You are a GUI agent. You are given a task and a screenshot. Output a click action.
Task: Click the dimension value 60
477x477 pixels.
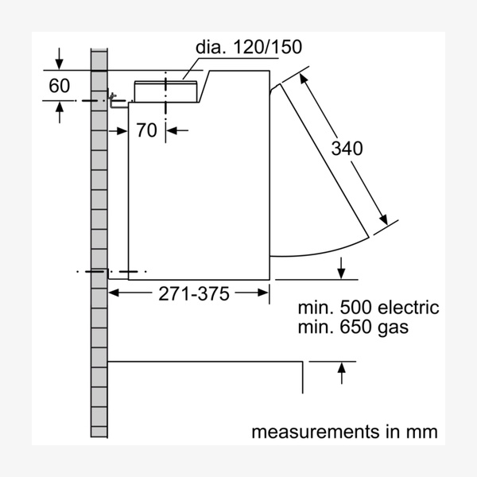click(60, 86)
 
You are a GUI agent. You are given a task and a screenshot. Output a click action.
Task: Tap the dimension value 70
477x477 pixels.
click(146, 130)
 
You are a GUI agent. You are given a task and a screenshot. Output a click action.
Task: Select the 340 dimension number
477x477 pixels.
click(347, 148)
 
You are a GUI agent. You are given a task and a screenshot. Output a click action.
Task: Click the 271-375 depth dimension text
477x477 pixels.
click(193, 293)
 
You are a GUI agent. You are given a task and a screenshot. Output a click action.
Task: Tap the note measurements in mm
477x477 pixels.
click(344, 432)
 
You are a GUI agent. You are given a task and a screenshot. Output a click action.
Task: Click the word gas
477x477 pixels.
click(392, 328)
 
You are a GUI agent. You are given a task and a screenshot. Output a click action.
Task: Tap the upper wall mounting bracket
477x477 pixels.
click(116, 101)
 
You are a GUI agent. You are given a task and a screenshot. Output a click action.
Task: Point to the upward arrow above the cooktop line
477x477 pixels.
click(342, 369)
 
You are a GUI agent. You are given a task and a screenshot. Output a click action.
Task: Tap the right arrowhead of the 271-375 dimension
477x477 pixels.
click(263, 293)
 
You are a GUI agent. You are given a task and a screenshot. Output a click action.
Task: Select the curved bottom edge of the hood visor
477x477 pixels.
click(318, 250)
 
